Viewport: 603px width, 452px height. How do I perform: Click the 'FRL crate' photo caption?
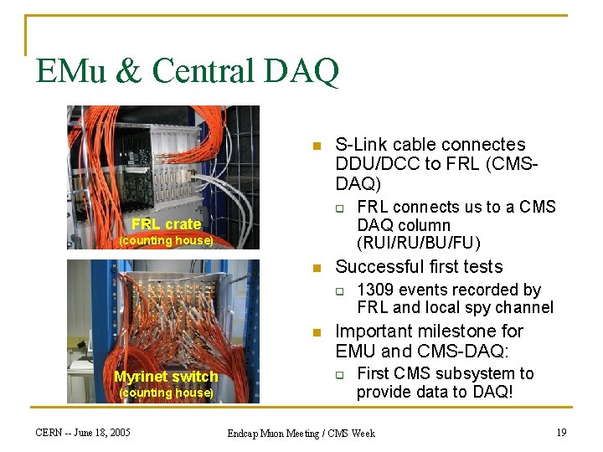[x=166, y=223]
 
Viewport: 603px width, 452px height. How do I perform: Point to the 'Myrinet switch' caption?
[x=166, y=377]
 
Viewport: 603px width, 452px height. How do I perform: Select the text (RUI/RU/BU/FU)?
[x=418, y=244]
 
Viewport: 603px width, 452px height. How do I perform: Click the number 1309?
[x=378, y=290]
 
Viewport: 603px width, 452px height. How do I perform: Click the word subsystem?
[x=477, y=373]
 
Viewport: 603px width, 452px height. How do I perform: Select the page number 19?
[x=562, y=433]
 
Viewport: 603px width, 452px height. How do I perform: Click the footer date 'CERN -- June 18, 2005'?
[x=83, y=433]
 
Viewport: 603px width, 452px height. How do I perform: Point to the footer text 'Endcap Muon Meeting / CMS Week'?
[x=301, y=434]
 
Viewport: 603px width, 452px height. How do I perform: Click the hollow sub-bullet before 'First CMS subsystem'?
[x=340, y=374]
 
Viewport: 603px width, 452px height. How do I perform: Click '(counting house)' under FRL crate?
[x=166, y=241]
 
